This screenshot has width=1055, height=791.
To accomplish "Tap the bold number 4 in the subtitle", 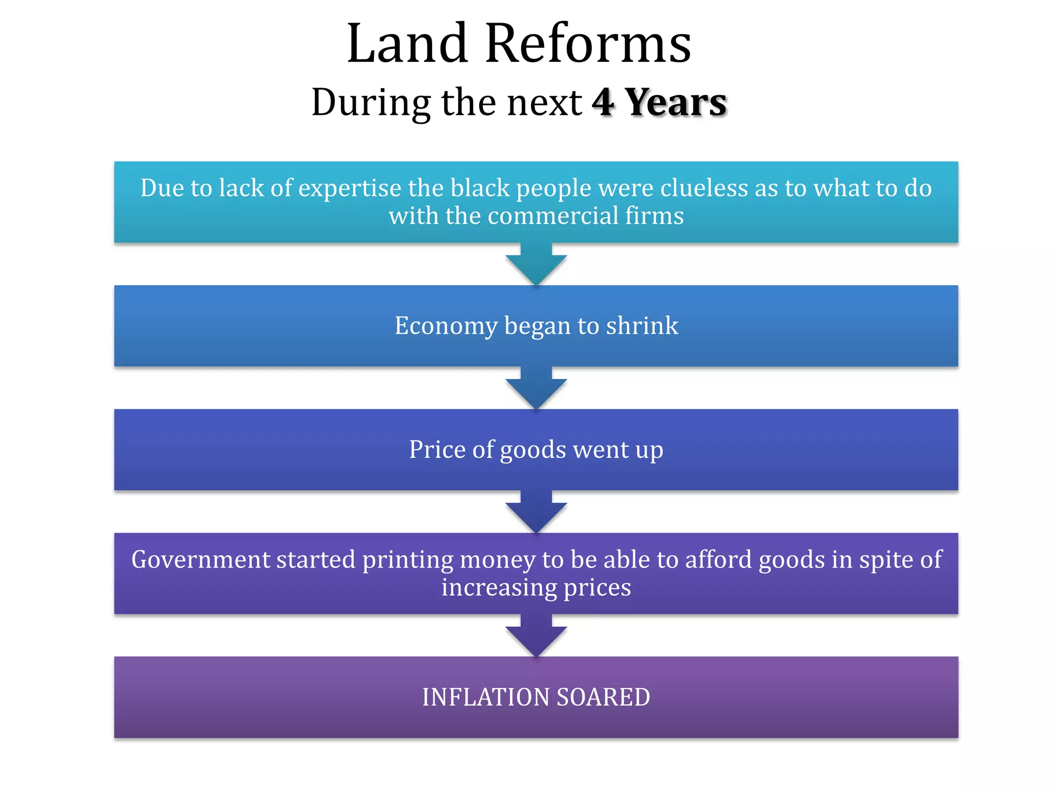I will (x=603, y=102).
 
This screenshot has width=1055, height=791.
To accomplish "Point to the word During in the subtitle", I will (x=371, y=102).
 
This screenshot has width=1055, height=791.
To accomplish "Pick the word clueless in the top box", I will (x=704, y=188).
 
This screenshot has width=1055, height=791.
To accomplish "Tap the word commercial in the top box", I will (x=553, y=216).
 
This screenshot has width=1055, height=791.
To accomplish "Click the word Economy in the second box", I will (x=445, y=326).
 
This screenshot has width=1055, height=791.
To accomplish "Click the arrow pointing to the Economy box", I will (x=536, y=265).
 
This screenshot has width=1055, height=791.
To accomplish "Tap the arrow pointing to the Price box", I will (x=536, y=389).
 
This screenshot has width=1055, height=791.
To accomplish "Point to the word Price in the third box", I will (x=437, y=450).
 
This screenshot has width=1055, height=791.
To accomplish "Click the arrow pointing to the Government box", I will (x=536, y=513).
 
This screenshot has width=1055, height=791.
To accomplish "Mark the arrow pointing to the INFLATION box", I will (x=536, y=637).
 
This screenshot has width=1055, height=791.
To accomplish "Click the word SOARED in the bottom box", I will (x=603, y=698).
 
